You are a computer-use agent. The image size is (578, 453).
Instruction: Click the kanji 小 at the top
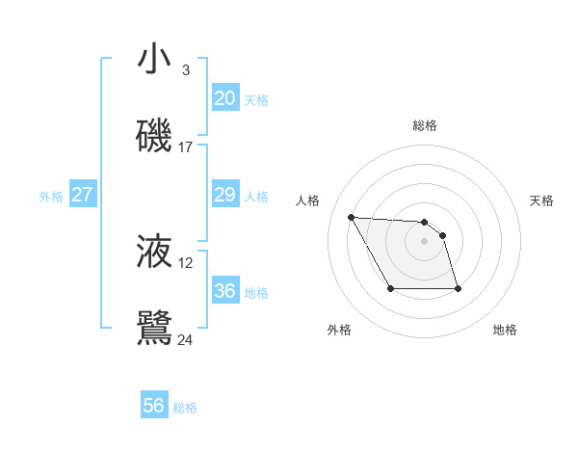[x=155, y=60]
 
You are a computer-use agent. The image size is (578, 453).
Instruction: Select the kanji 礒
[x=155, y=136]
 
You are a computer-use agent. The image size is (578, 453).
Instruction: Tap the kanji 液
[x=155, y=252]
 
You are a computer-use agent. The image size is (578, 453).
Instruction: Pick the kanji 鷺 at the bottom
[x=155, y=328]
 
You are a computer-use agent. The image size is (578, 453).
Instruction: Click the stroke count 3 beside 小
[x=185, y=70]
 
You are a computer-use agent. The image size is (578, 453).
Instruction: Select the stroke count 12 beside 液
[x=185, y=263]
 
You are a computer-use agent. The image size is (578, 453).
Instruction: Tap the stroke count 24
[x=185, y=339]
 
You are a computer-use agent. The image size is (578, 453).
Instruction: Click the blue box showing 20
[x=224, y=98]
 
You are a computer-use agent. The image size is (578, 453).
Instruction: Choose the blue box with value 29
[x=224, y=195]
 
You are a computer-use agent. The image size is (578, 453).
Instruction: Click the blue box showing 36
[x=224, y=291]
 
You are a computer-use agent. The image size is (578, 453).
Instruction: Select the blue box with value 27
[x=82, y=195]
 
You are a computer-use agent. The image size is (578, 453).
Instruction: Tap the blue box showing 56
[x=153, y=406]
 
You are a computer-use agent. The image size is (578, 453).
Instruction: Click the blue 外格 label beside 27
[x=51, y=197]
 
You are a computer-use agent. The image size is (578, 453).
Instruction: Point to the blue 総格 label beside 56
[x=185, y=408]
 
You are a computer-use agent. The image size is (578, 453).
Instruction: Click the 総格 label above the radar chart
[x=425, y=125]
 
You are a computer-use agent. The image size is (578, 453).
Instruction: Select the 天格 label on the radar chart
[x=541, y=200]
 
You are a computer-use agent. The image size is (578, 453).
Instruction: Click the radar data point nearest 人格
[x=351, y=217]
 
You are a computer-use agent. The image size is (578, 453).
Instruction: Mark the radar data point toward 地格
[x=458, y=289]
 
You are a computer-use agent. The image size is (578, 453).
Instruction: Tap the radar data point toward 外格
[x=390, y=289]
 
